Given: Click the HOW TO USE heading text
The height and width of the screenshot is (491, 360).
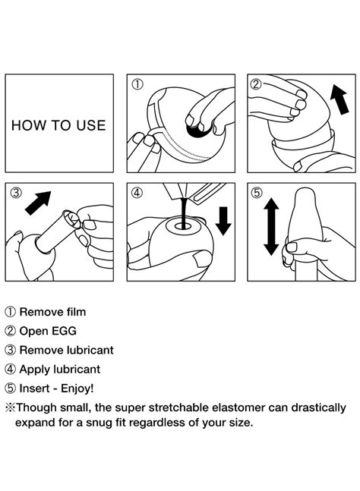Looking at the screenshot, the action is pos(58,125).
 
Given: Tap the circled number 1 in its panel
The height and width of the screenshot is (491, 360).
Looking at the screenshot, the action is pos(137,84).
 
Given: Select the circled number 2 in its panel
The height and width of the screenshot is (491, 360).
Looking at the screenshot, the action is pos(256,84).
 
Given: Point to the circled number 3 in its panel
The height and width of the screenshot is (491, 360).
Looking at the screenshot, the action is pos(16,193).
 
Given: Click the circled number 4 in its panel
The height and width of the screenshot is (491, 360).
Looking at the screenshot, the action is pos(137,193).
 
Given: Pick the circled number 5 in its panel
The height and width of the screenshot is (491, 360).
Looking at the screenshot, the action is pos(257,193).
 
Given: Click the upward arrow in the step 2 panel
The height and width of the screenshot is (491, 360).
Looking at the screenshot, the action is pos(340,99).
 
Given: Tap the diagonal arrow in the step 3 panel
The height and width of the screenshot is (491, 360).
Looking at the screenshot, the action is pos(38,203).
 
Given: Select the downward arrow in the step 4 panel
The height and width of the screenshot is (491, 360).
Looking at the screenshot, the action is pos(223,221).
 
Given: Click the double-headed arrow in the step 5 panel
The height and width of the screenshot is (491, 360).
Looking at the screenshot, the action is pos(271,226).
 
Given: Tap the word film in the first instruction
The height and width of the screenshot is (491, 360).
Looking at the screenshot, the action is pos(76,312).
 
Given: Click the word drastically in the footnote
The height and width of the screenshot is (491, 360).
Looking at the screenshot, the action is pos(319,408).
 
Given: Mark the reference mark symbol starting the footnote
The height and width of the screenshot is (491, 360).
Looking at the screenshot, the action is pos(11,408).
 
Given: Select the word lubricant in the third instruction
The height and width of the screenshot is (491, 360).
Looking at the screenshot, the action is pos(90,350).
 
